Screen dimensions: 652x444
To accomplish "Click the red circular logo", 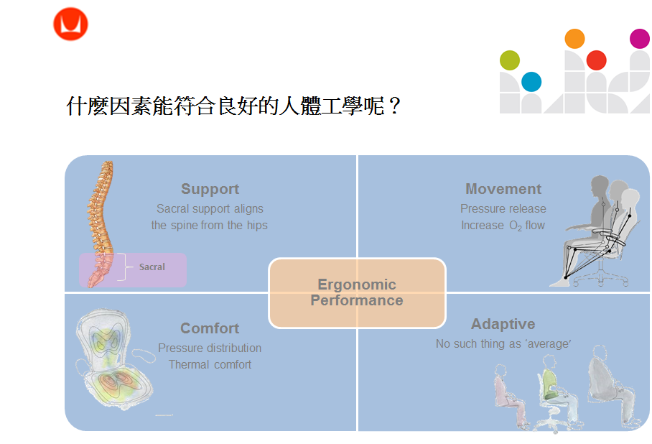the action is click(70, 24).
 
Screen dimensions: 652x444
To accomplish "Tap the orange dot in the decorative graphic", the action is click(574, 39).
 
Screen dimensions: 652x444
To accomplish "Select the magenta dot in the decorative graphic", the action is click(640, 39).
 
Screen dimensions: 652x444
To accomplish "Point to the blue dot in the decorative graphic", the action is click(531, 82).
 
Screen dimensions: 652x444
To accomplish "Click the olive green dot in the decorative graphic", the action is click(510, 60).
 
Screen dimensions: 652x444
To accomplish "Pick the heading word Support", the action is click(210, 190).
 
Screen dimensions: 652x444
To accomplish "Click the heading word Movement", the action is click(503, 189).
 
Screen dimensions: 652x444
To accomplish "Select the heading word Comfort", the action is click(210, 328).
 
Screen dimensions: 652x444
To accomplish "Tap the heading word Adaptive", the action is click(503, 324).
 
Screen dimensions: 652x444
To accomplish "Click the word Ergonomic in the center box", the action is click(357, 285).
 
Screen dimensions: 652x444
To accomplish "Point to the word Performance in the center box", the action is click(357, 300).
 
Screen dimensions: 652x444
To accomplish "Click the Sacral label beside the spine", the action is click(152, 267).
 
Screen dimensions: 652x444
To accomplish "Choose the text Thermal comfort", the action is click(210, 364).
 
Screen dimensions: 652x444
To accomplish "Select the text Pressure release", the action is click(503, 208).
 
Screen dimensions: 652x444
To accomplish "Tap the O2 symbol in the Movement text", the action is click(516, 226).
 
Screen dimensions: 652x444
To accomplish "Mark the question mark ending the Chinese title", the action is click(395, 106).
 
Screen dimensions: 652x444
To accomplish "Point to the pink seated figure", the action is click(510, 395).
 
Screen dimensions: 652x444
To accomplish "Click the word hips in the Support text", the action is click(257, 226).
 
